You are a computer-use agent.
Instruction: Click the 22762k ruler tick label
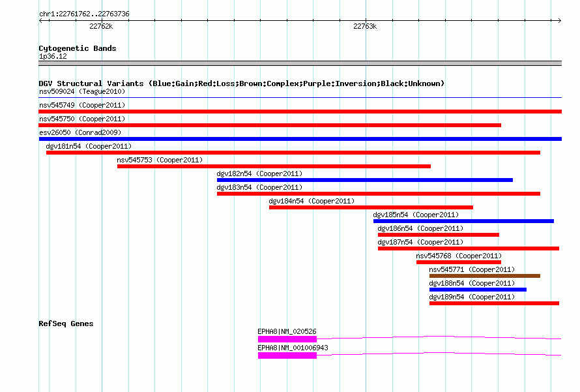(101, 26)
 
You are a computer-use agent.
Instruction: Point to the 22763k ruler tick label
(365, 26)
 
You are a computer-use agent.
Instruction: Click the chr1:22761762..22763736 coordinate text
(84, 14)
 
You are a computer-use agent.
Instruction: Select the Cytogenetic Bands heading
(78, 48)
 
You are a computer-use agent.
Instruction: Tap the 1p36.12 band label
(53, 56)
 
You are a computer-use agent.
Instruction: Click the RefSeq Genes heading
(66, 324)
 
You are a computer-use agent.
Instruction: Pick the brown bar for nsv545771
(485, 276)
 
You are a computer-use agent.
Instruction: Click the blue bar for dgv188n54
(478, 290)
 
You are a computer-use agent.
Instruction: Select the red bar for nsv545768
(459, 262)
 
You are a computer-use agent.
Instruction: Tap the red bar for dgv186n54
(439, 235)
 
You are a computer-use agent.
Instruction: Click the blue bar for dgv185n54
(463, 221)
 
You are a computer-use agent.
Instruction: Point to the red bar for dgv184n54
(371, 207)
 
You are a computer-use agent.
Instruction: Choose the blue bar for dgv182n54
(365, 180)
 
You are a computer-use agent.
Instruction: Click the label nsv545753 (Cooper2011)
(160, 160)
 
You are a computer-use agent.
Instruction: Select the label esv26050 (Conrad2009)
(80, 132)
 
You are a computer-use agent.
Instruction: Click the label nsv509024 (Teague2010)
(82, 91)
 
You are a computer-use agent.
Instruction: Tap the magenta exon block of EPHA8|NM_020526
(287, 339)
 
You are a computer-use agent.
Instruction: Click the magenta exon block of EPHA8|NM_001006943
(287, 355)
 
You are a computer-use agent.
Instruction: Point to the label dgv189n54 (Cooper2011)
(472, 297)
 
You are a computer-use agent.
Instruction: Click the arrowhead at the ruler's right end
(560, 20)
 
